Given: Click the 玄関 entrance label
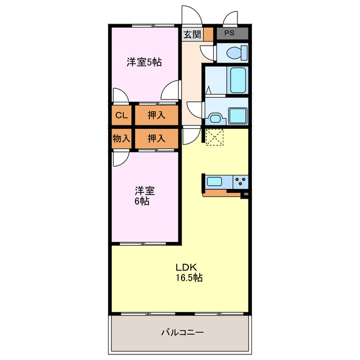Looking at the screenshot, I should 191,34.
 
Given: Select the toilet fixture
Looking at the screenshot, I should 232,53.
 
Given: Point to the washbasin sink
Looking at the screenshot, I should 214,118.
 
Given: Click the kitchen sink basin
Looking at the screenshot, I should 215,182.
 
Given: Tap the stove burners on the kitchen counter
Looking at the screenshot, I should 241,182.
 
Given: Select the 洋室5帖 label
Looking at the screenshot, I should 144,62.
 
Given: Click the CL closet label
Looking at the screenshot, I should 121,116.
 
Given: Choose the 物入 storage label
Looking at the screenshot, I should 121,138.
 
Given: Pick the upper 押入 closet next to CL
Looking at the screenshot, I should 156,116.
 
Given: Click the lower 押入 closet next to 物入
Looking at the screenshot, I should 156,138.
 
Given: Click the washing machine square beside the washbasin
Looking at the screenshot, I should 238,116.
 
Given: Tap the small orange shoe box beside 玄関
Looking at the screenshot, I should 208,34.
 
